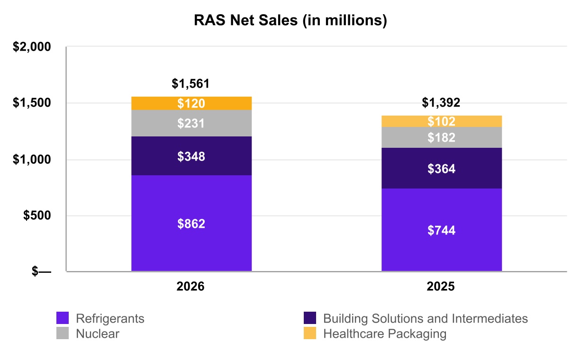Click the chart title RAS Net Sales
coord(290,20)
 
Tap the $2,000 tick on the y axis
coord(32,47)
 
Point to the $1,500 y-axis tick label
coord(32,103)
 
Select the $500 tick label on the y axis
coord(37,216)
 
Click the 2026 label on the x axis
coord(191,287)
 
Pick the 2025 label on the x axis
coord(441,287)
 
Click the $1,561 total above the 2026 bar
coord(191,83)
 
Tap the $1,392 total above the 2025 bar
coord(441,102)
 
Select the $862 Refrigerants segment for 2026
coord(191,223)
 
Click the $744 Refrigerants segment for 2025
coord(442,230)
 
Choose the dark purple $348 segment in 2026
coord(191,156)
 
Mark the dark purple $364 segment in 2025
coord(442,168)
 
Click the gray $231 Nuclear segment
coord(191,123)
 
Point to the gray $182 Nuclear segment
coord(442,137)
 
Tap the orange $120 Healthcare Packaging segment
coord(191,103)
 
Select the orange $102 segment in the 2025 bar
coord(442,121)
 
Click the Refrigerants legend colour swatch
coord(63,318)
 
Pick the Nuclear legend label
coord(98,333)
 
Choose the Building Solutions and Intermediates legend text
coord(426,318)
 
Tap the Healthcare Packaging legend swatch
coord(310,333)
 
